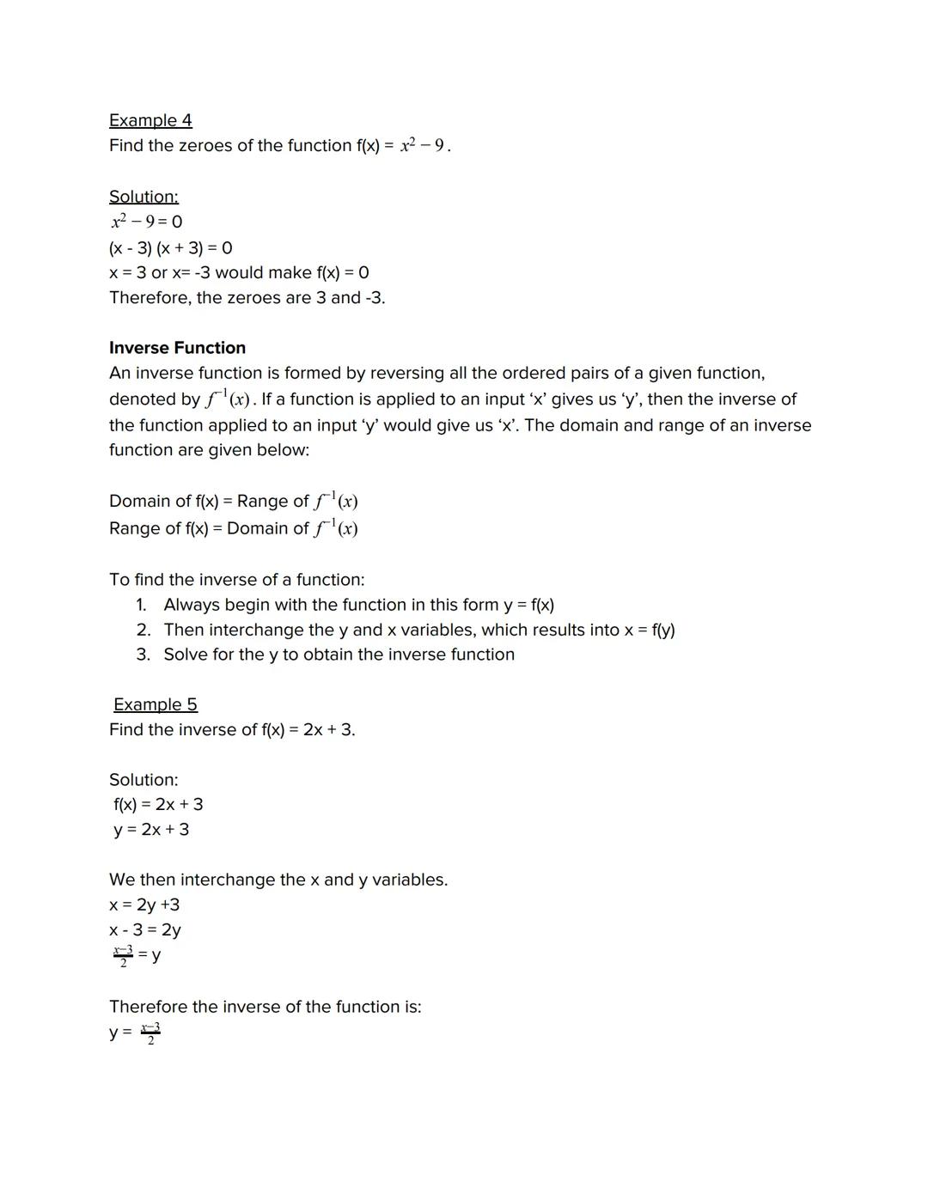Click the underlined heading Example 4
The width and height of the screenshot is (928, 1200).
pyautogui.click(x=150, y=120)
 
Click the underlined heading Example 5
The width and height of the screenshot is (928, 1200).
pyautogui.click(x=156, y=704)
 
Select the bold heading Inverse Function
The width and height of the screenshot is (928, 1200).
pyautogui.click(x=177, y=348)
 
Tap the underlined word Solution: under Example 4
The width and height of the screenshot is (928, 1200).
pyautogui.click(x=143, y=197)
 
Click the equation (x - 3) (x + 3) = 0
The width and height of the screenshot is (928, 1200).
pyautogui.click(x=170, y=248)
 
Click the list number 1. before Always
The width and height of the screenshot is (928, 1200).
pyautogui.click(x=142, y=605)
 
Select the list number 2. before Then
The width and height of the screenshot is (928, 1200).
pyautogui.click(x=143, y=630)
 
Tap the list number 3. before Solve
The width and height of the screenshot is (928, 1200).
pyautogui.click(x=143, y=655)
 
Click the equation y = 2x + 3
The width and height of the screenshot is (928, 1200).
pyautogui.click(x=151, y=830)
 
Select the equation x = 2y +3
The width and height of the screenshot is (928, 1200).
pyautogui.click(x=144, y=905)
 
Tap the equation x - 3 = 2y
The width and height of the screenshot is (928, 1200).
pyautogui.click(x=145, y=930)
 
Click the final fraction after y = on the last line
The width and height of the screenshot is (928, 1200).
pyautogui.click(x=150, y=1033)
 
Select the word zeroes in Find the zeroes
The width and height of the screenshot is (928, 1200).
pyautogui.click(x=205, y=146)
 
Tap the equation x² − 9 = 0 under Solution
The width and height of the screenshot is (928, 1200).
pyautogui.click(x=146, y=222)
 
